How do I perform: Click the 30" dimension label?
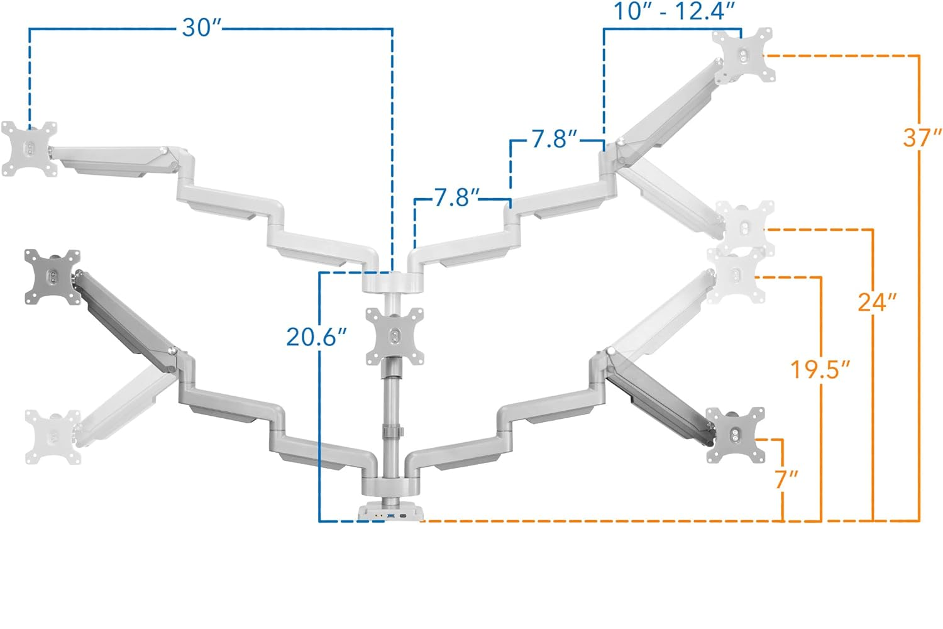pyautogui.click(x=202, y=28)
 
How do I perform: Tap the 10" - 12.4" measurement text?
pyautogui.click(x=675, y=11)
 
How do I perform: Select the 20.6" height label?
pyautogui.click(x=317, y=337)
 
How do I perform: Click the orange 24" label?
pyautogui.click(x=878, y=302)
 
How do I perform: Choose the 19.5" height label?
pyautogui.click(x=820, y=369)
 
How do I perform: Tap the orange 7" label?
pyautogui.click(x=786, y=479)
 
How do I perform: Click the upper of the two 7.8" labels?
pyautogui.click(x=554, y=139)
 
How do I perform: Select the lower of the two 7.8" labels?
pyautogui.click(x=457, y=197)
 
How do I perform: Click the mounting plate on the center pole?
pyautogui.click(x=395, y=336)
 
